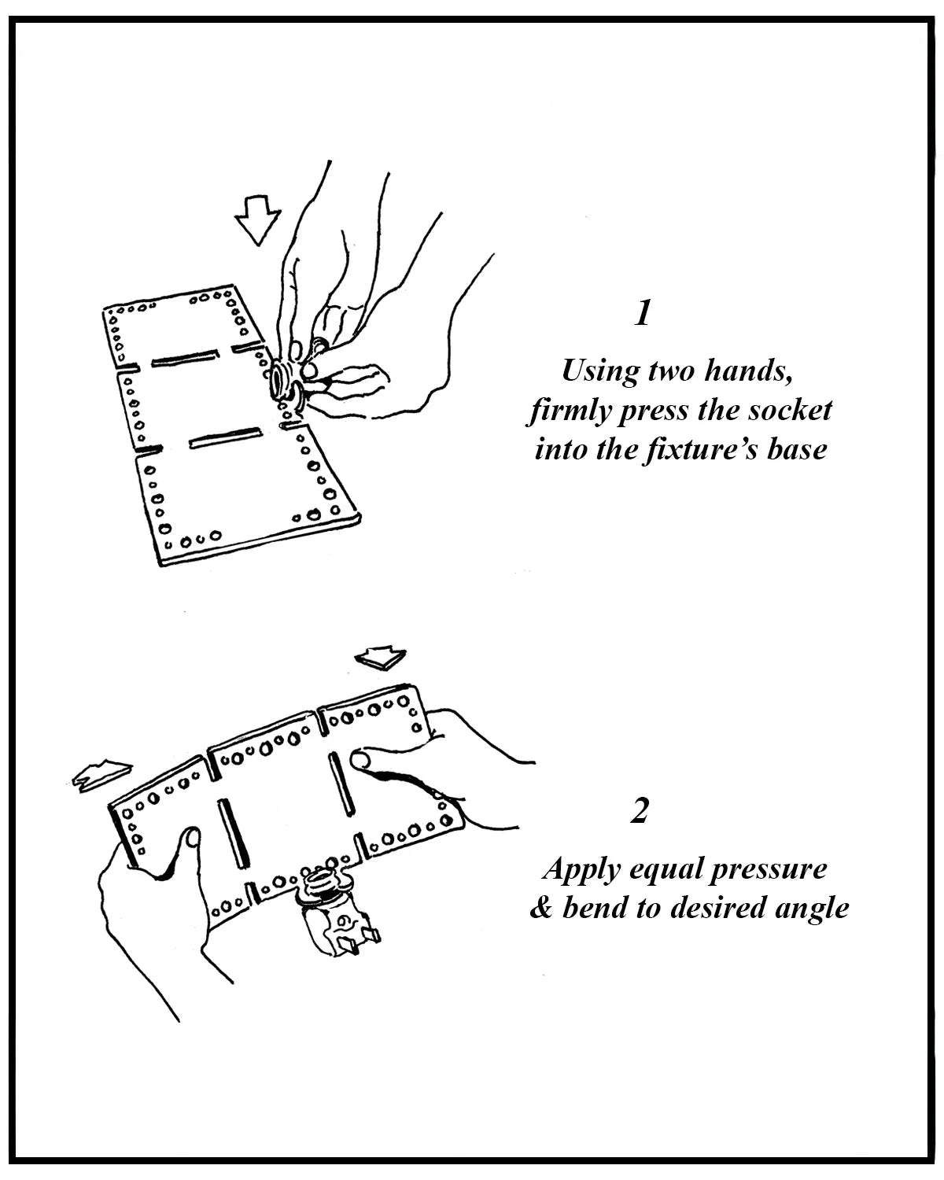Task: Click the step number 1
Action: point(643,314)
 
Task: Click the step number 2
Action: point(640,811)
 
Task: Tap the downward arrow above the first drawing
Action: point(258,219)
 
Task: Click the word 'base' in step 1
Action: point(797,450)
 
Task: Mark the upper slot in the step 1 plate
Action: point(184,360)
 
